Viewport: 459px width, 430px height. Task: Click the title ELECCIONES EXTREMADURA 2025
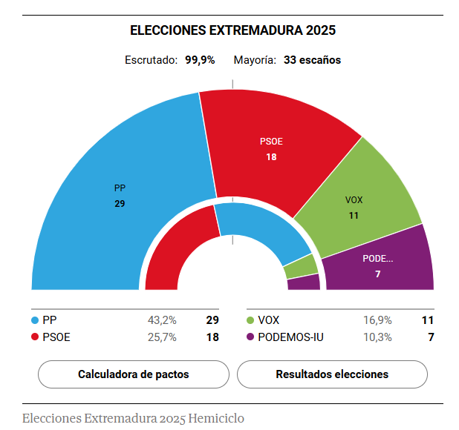tap(232, 30)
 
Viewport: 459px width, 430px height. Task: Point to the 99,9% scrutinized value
tap(200, 60)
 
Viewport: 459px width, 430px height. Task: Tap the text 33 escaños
tap(312, 60)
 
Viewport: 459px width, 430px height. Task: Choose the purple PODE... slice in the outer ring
tap(386, 263)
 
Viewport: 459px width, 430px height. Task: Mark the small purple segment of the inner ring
tap(304, 282)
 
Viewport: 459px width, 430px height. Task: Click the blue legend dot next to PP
tap(35, 320)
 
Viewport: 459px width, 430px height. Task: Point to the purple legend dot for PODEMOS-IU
tap(250, 337)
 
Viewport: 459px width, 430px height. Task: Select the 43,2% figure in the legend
tap(162, 320)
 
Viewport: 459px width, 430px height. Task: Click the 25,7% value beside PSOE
tap(162, 337)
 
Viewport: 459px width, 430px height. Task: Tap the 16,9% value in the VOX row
tap(377, 320)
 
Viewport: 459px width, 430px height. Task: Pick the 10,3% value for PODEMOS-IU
tap(377, 337)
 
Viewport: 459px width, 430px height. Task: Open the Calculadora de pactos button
tap(134, 374)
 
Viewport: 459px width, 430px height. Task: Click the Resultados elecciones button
tap(332, 374)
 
